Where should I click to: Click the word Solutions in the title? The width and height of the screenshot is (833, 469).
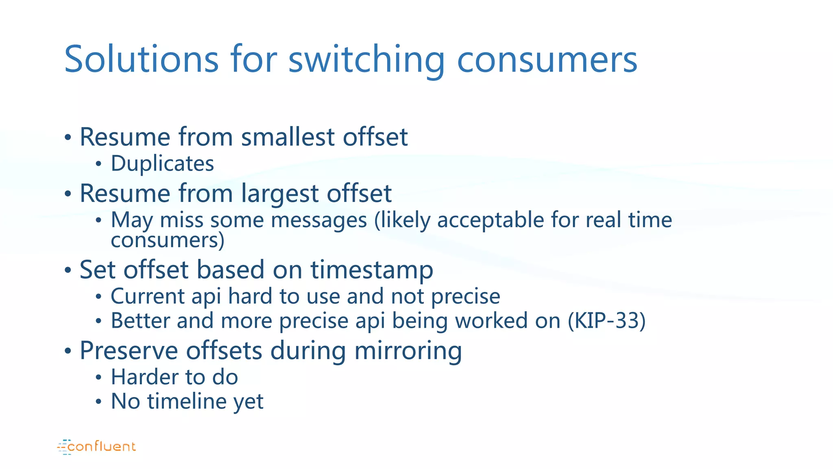pos(142,59)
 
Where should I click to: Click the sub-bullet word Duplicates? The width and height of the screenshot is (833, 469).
pos(162,164)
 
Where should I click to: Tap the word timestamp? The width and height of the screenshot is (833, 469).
pos(372,270)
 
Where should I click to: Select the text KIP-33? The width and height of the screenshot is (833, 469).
pos(606,321)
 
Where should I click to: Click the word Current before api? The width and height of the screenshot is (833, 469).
pos(148,296)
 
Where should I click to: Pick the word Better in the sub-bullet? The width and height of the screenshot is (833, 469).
pos(140,321)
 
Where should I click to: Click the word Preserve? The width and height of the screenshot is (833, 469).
pos(129,351)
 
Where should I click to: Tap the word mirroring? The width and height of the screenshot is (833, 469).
pos(408,351)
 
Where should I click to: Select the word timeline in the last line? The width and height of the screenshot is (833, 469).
pos(187,401)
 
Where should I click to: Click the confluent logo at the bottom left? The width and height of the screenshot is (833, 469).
pos(97,447)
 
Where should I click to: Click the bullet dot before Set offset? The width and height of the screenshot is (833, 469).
pos(68,270)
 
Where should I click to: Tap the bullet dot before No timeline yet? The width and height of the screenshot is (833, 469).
pos(98,402)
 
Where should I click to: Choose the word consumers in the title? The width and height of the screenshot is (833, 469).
pos(547,60)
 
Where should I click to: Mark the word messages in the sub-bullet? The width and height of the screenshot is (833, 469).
pos(318,220)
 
